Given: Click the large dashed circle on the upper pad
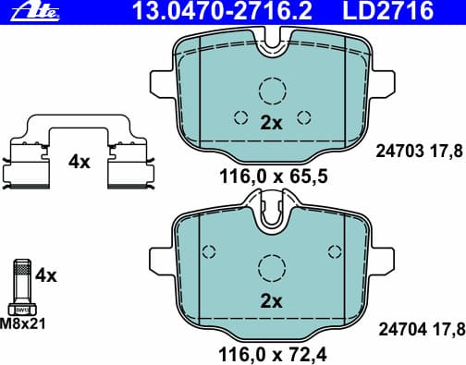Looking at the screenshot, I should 272,91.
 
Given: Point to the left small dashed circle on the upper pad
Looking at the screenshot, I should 240,117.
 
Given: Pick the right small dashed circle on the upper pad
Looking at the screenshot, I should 302,117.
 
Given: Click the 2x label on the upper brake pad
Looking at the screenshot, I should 271,122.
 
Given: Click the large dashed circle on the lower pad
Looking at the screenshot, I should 272,269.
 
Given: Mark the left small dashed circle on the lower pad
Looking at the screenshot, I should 208,250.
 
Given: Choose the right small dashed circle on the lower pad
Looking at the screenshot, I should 334,250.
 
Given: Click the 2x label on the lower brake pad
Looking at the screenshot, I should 271,301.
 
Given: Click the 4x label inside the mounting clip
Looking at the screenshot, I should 80,162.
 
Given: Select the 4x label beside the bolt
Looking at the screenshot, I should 45,274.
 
